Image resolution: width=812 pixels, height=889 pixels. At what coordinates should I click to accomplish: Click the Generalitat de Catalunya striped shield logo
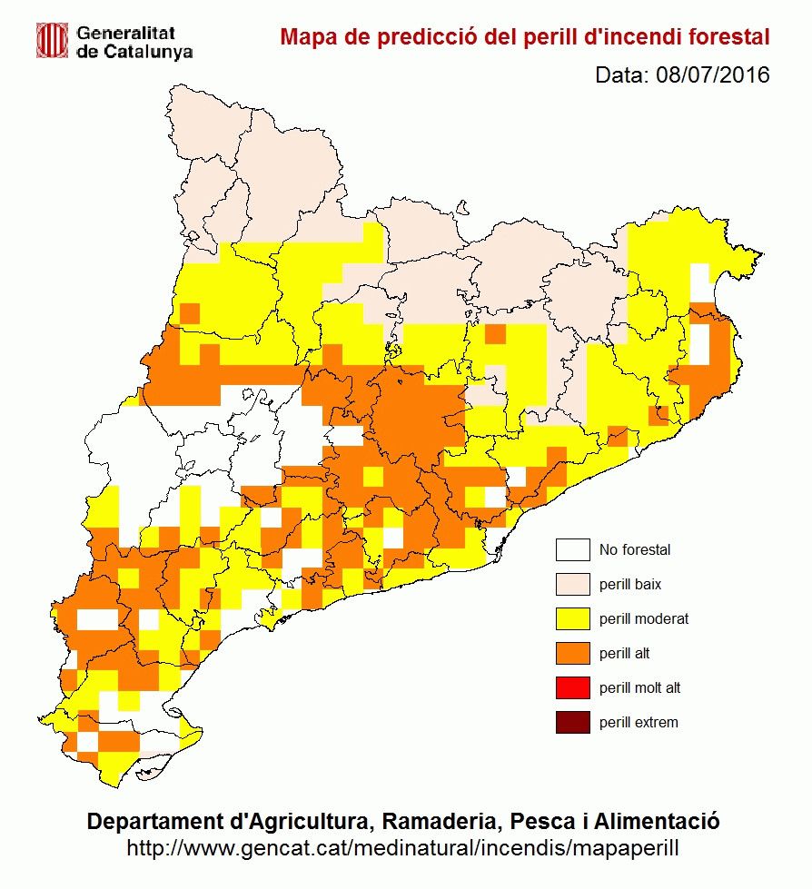52,39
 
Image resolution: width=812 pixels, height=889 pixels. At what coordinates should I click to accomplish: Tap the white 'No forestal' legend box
573,550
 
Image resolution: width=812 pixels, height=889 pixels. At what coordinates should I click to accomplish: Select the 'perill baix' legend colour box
573,585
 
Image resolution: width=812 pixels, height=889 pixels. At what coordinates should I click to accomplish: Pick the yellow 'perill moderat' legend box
573,619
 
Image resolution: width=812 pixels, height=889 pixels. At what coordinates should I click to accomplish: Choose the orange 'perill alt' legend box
573,654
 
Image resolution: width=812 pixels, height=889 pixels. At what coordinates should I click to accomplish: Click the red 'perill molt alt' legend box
573,688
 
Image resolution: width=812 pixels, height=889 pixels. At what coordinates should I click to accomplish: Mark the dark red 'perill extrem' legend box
573,723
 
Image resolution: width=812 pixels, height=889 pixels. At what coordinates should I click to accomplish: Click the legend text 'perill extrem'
639,723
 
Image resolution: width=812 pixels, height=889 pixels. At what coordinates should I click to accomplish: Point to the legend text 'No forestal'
635,550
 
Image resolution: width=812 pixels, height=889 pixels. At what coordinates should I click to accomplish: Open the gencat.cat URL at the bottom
402,848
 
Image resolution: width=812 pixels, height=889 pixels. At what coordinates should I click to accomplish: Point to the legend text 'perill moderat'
644,619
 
